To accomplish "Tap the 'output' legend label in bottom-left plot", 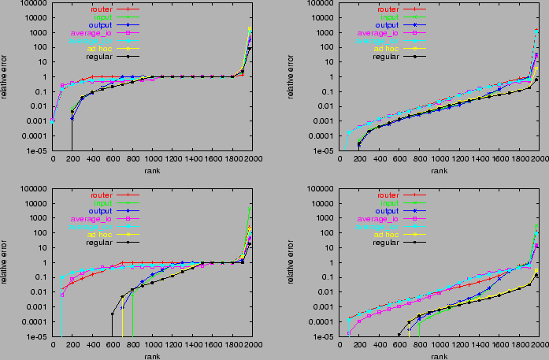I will coord(102,210).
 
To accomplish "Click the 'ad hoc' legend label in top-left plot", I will coord(102,48).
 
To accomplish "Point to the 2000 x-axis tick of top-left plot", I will coord(253,158).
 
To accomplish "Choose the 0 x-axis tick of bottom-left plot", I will coord(53,345).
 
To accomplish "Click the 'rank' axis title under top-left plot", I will coord(152,170).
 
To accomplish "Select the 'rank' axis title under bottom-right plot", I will coord(440,356).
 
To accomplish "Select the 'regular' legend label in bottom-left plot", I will coord(102,243).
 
